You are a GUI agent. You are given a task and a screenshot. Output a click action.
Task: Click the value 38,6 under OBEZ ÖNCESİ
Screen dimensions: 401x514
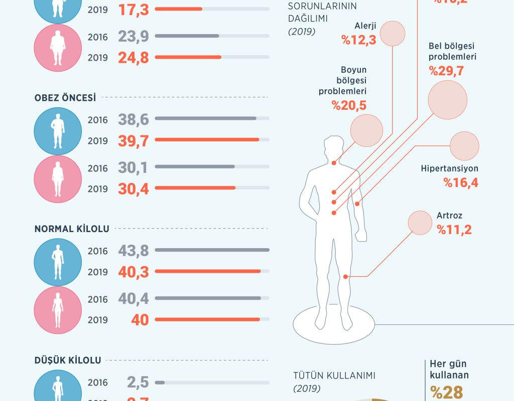[134, 119]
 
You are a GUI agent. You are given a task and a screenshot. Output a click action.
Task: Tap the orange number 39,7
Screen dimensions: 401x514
[134, 141]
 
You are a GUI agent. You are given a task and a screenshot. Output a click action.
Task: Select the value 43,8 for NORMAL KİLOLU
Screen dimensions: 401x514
[134, 251]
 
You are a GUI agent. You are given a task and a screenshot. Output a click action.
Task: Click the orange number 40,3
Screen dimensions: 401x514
[134, 272]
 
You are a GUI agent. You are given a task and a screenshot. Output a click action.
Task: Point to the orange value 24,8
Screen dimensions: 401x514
[134, 58]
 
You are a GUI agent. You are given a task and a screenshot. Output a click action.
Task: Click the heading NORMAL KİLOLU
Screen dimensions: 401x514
[72, 229]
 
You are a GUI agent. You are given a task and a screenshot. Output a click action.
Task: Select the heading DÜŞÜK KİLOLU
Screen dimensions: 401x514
[68, 360]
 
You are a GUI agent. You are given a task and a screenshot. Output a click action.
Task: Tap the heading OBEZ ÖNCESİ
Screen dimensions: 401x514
[65, 98]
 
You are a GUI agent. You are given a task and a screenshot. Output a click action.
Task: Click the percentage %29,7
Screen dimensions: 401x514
[446, 71]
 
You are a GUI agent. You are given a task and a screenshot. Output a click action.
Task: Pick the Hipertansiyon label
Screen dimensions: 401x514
[449, 169]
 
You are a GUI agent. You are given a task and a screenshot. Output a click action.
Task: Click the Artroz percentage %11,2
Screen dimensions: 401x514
[454, 230]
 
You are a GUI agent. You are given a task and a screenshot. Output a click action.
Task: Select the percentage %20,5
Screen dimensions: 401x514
[348, 105]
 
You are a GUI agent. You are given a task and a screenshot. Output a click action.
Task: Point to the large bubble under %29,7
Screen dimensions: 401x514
[447, 100]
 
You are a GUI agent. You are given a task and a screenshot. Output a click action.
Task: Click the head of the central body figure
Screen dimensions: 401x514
[334, 148]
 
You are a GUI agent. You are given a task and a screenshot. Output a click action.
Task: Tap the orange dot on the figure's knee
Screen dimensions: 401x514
[345, 277]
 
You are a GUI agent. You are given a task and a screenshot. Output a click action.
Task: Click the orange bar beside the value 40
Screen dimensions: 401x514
[207, 319]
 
